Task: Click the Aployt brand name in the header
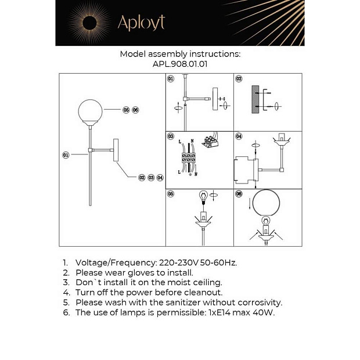(141, 23)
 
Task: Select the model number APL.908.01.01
(180, 64)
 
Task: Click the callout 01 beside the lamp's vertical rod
(66, 155)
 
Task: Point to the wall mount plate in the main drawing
(116, 150)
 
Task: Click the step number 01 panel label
(171, 78)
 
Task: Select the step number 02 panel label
(238, 78)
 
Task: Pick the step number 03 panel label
(171, 136)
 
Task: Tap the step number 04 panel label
(238, 136)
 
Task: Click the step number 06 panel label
(238, 194)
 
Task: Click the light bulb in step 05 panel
(203, 196)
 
